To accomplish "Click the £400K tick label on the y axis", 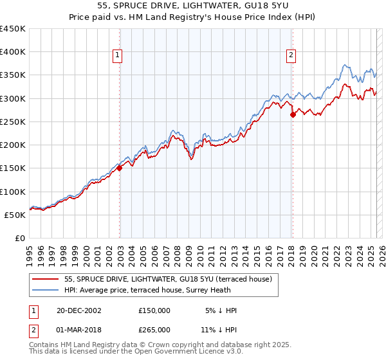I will (x=13, y=52).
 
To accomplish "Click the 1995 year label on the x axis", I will (x=30, y=251).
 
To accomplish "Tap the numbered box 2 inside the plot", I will (x=291, y=56).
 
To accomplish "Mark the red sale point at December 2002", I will (x=120, y=168).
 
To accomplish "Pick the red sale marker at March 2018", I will (x=293, y=115).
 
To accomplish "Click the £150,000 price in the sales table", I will (x=154, y=310).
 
